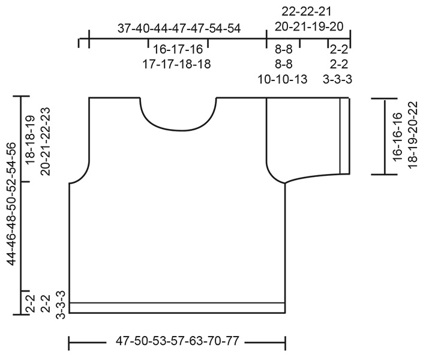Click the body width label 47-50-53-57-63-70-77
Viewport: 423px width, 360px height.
[x=177, y=343]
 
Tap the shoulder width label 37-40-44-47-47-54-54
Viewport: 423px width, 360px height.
[x=178, y=29]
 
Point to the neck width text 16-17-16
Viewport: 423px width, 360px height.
[x=178, y=50]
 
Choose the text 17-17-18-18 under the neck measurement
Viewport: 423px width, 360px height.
[x=178, y=64]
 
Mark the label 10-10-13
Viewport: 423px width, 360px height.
[x=283, y=79]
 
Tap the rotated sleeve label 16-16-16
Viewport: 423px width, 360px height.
[x=397, y=136]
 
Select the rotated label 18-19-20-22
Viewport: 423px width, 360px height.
[x=412, y=136]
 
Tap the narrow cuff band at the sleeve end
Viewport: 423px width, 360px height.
[x=344, y=136]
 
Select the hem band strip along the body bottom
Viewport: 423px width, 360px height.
[x=177, y=308]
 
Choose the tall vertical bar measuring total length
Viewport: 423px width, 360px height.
[x=21, y=204]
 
